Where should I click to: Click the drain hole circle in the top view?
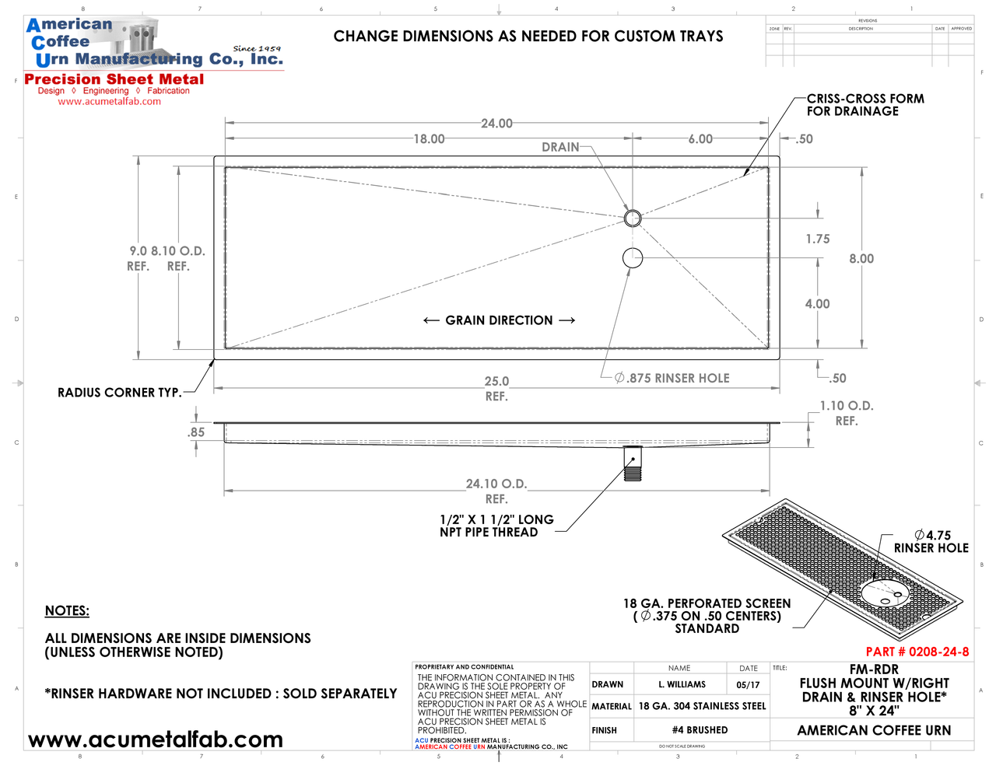[x=633, y=218]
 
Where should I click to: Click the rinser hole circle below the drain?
[x=633, y=257]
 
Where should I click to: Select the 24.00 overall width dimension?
[x=496, y=124]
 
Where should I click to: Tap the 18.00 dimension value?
[x=429, y=139]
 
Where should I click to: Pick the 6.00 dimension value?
[x=700, y=139]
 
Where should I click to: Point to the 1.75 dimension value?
[x=818, y=239]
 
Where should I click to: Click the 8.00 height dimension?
[x=861, y=259]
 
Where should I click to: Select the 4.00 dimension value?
[x=817, y=304]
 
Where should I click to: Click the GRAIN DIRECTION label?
[x=499, y=320]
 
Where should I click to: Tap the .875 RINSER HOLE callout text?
[x=672, y=379]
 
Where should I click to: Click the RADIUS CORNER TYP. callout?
[x=119, y=393]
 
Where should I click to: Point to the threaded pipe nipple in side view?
[x=633, y=464]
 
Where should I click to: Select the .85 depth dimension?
[x=197, y=433]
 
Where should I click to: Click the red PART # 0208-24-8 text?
[x=917, y=652]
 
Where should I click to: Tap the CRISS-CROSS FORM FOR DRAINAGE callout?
[x=865, y=105]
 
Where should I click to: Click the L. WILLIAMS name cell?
[x=682, y=685]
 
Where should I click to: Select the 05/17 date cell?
[x=748, y=685]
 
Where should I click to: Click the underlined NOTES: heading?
[x=67, y=611]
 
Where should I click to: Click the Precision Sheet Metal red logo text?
[x=114, y=79]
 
